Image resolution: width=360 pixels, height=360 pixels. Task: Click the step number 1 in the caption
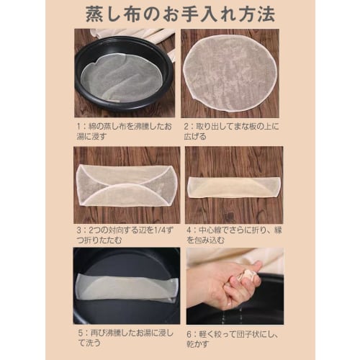click(83, 123)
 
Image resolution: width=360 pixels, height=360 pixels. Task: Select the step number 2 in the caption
click(189, 123)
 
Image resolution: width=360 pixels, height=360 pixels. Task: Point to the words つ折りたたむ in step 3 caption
click(101, 242)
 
